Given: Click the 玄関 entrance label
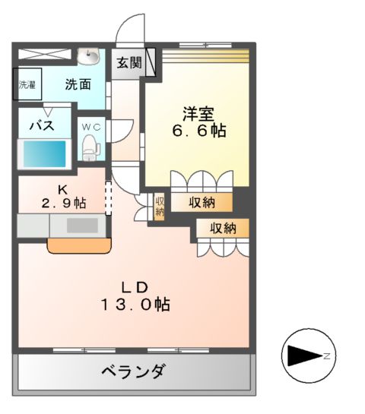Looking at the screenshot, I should tap(129, 62).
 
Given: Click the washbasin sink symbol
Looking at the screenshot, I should tap(90, 56).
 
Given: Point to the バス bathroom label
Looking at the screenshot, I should tap(42, 126).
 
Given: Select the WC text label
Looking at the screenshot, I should tap(90, 125).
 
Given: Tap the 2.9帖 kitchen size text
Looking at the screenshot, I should tap(63, 203).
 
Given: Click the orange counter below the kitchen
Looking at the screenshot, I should tap(79, 245).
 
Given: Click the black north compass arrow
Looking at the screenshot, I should tap(303, 356).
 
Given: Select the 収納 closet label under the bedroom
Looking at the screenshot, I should tap(202, 202).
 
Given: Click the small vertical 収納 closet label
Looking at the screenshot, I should tap(160, 206).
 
